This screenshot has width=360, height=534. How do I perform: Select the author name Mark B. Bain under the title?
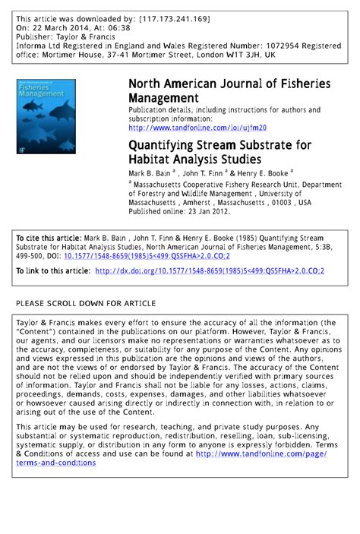150,173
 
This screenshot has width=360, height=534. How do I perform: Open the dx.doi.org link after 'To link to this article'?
210,270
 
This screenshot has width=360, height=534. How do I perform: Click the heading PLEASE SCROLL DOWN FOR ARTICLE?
86,303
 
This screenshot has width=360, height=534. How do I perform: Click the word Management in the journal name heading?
163,98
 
